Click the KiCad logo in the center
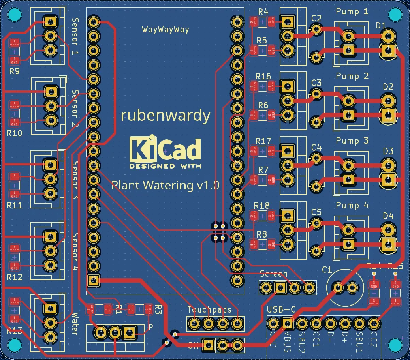point(165,152)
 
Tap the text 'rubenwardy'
point(165,115)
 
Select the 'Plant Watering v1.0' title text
point(165,185)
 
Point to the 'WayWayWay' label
point(165,30)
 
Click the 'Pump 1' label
point(352,12)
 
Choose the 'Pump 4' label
point(352,206)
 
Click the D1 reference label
point(381,25)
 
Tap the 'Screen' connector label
point(273,274)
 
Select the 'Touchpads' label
point(205,310)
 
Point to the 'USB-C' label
point(281,310)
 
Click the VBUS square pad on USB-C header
point(287,324)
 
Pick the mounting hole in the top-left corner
point(15,15)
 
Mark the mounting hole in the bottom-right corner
point(395,345)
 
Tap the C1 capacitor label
point(327,270)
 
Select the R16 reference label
point(263,76)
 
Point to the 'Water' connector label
point(74,324)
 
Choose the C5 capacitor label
point(316,212)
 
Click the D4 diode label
point(388,216)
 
